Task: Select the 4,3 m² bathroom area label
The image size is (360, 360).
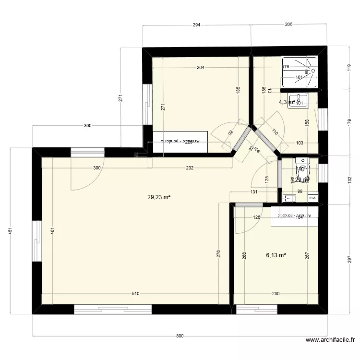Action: point(287,102)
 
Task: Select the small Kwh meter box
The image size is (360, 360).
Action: point(312,197)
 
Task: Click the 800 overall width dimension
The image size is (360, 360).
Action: point(179,336)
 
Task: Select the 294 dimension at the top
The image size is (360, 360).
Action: point(196,24)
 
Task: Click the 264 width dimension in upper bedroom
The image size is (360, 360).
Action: point(200,68)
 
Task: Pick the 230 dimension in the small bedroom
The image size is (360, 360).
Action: point(276,294)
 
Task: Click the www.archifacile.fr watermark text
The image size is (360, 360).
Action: point(330,341)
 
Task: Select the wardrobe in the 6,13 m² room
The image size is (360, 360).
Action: point(294,216)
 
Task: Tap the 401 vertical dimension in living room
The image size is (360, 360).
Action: point(52,231)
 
